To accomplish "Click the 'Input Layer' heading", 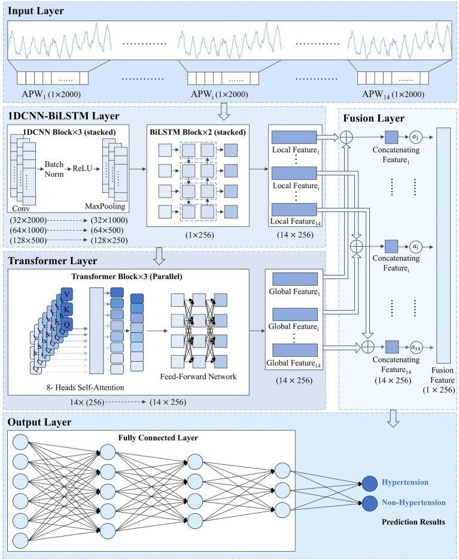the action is [36, 11].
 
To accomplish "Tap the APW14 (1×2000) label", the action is [393, 94].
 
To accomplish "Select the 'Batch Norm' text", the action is [54, 169].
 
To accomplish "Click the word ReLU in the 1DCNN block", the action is [82, 168].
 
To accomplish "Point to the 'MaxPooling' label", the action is [105, 206].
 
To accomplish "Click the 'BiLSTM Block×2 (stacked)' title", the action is [197, 132].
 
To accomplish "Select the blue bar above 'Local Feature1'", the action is [294, 138].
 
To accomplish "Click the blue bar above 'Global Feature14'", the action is [295, 350].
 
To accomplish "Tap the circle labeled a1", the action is [415, 137].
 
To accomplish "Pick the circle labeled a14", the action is [415, 347].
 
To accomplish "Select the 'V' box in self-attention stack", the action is [67, 295].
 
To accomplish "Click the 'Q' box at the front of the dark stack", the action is [67, 324].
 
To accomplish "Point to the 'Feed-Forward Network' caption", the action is [198, 377].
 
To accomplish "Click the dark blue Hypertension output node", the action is [370, 483].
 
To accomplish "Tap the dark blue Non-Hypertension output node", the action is [370, 504].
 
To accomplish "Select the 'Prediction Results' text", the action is [414, 522].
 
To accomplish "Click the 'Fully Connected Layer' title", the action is [158, 438].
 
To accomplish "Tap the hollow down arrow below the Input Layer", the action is [224, 111].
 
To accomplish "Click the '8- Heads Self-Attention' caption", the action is [86, 388].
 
